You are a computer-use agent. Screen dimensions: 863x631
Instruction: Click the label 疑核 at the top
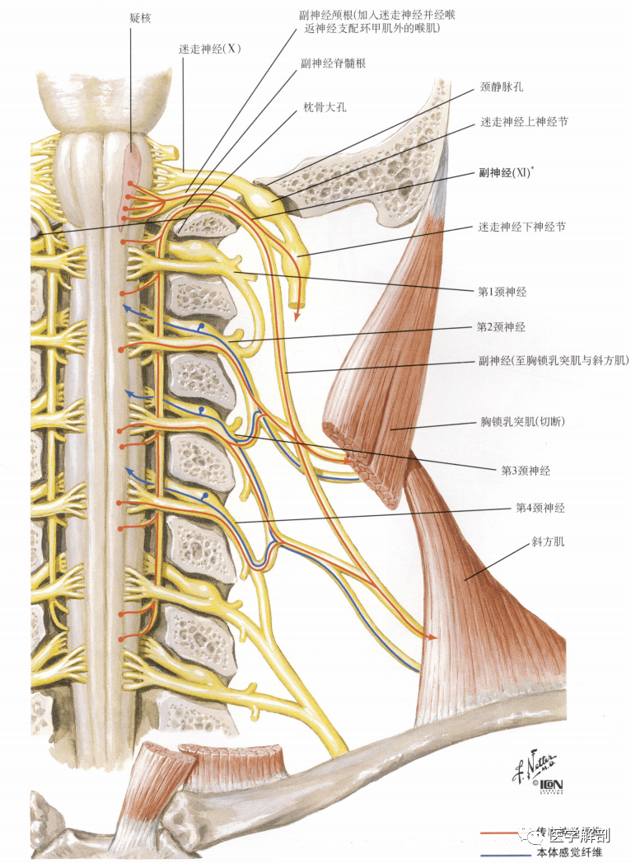[141, 17]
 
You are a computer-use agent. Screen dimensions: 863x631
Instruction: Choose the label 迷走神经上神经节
[524, 122]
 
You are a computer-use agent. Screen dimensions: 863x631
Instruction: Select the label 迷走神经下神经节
[521, 226]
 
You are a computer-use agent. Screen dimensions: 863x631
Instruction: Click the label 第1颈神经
[502, 291]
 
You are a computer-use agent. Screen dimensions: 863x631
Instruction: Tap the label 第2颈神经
[501, 327]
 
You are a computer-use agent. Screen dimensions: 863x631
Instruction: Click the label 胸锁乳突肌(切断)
[523, 422]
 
